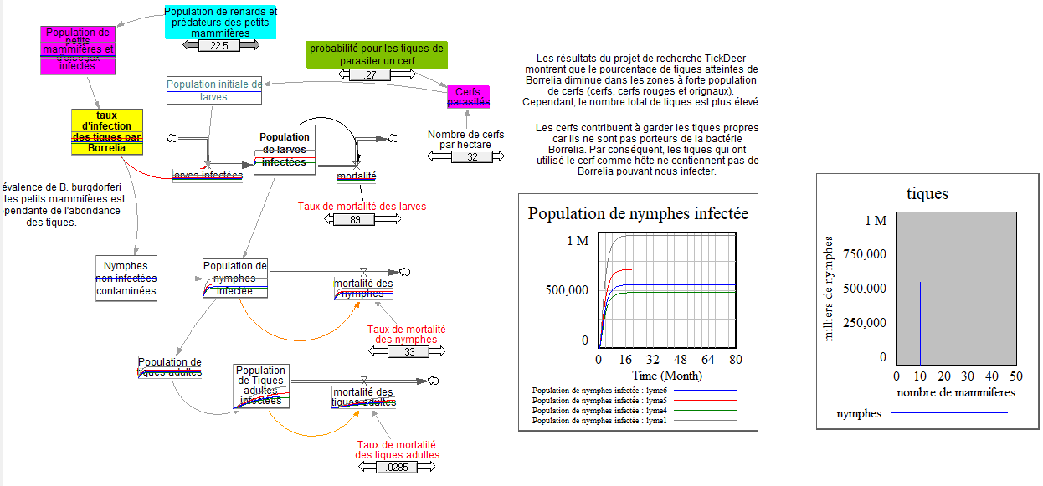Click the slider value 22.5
click(x=218, y=46)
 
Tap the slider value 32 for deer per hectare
click(x=472, y=157)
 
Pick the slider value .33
click(x=408, y=352)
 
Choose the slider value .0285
click(x=398, y=468)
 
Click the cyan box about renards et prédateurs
click(x=220, y=23)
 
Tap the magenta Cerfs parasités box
click(x=468, y=96)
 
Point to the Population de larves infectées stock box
click(x=285, y=151)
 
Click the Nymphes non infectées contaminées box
click(x=126, y=279)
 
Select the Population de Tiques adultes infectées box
click(x=261, y=386)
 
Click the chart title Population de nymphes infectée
click(x=638, y=213)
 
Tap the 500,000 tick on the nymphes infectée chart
click(x=568, y=290)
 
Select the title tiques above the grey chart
click(x=927, y=194)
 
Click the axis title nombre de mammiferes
click(x=956, y=392)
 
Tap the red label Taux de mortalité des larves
click(x=362, y=207)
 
